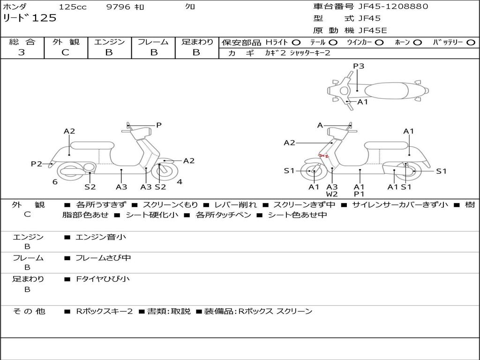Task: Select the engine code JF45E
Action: tap(373, 31)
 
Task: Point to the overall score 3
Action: tap(22, 52)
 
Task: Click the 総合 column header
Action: tap(22, 42)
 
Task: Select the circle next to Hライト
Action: tap(296, 43)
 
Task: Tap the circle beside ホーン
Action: tap(418, 43)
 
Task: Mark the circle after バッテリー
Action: tap(471, 43)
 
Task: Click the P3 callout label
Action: tap(359, 66)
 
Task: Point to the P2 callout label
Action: tap(37, 164)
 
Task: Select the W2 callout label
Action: tap(332, 194)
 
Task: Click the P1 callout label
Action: tap(360, 194)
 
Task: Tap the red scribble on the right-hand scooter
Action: tap(323, 156)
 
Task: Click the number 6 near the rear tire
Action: tap(55, 182)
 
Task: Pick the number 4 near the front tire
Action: tap(180, 182)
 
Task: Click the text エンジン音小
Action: tap(101, 237)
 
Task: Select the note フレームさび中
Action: tap(103, 258)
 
